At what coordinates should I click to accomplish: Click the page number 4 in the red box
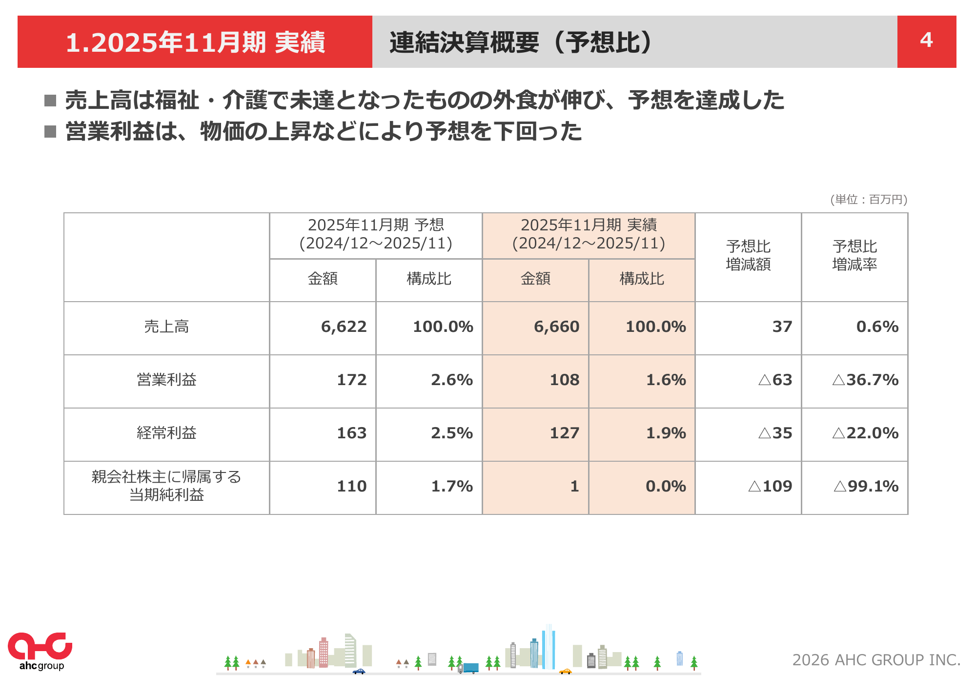[926, 40]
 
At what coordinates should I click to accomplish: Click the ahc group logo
[40, 651]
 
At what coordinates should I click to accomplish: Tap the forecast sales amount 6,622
[344, 327]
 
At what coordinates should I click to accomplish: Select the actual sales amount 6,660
[556, 327]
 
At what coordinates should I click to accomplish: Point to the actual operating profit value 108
[564, 380]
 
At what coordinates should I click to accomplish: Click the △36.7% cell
[865, 380]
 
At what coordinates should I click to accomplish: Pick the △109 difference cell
[770, 486]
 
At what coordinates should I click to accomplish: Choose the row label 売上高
[166, 327]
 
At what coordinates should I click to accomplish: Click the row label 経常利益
[166, 433]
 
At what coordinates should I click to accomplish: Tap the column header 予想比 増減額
[748, 255]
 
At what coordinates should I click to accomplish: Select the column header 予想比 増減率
[854, 255]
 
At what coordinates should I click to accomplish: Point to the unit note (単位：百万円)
[869, 199]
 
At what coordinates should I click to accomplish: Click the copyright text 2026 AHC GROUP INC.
[876, 660]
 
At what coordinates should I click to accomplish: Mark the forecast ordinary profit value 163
[351, 433]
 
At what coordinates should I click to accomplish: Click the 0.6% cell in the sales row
[877, 327]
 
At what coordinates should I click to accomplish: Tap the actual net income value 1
[574, 486]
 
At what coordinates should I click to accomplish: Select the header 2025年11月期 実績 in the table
[589, 234]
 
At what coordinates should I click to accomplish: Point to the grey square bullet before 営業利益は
[50, 131]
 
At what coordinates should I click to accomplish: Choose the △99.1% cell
[866, 486]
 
